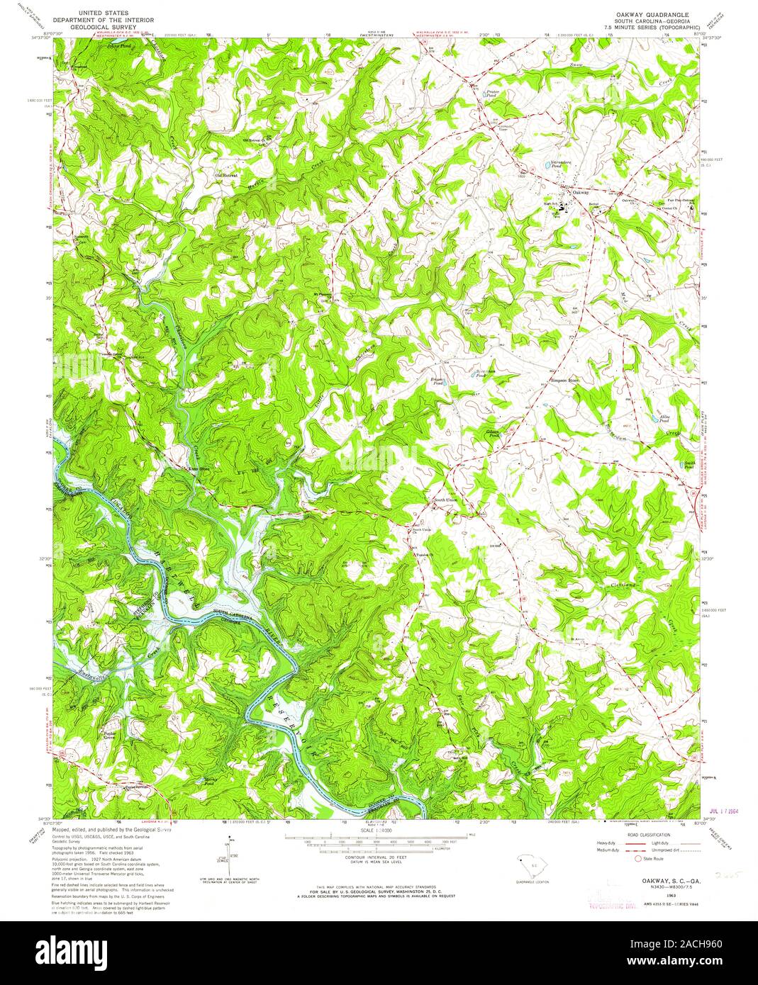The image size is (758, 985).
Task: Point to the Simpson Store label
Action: click(565, 381)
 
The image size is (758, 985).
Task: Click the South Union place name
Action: click(446, 501)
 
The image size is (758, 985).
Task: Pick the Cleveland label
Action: click(624, 584)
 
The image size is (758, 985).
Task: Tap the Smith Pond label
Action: click(689, 466)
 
